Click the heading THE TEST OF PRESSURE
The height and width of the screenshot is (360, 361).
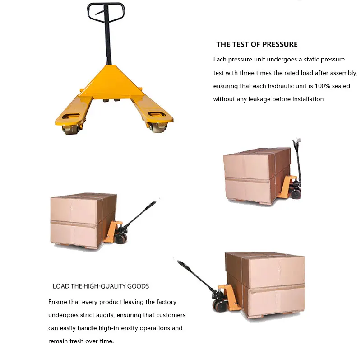[x=257, y=44]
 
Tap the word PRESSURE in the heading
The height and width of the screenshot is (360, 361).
[x=280, y=44]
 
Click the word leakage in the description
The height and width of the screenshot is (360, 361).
[x=259, y=99]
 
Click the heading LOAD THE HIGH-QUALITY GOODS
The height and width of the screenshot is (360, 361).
[x=101, y=286]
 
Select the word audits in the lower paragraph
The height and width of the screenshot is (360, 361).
[x=105, y=315]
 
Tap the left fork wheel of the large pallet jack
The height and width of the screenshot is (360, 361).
[x=70, y=129]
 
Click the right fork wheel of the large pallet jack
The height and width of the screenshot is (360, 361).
[x=158, y=127]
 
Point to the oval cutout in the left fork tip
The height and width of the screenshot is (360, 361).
[x=71, y=116]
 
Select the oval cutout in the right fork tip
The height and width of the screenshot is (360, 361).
[x=157, y=114]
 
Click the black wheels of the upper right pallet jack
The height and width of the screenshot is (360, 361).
[x=296, y=194]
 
